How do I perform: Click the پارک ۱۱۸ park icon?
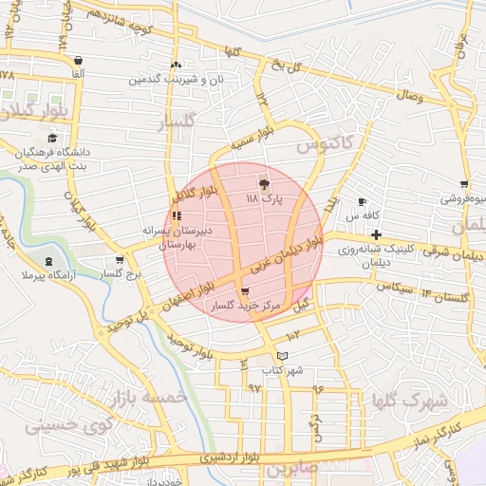[x=264, y=181]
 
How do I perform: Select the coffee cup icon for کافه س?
[x=362, y=201]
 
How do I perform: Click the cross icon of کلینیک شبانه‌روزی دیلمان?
[x=376, y=234]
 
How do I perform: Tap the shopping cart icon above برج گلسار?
[x=119, y=260]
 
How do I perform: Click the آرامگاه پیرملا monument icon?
[x=48, y=261]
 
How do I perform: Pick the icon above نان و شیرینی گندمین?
[x=176, y=65]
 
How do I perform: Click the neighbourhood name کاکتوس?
[x=323, y=146]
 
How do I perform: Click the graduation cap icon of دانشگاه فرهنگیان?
[x=51, y=139]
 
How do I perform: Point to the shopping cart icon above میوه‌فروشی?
[x=463, y=184]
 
